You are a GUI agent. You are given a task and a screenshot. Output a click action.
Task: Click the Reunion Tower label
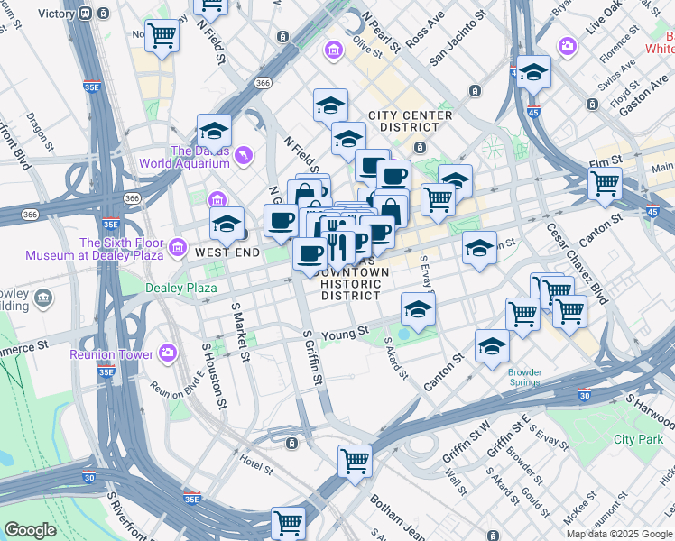click(111, 354)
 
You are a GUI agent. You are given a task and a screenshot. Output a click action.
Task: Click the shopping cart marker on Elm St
click(605, 183)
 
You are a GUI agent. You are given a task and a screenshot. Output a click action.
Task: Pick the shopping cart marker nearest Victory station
click(162, 36)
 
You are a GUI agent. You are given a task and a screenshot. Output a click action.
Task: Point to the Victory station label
click(57, 14)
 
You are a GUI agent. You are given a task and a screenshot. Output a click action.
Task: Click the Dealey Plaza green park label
click(180, 288)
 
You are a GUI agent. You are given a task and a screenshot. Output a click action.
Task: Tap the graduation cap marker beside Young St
click(418, 308)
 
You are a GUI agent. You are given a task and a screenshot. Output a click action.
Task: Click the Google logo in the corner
click(29, 530)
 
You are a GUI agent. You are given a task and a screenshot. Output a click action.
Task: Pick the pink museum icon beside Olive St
click(334, 48)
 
